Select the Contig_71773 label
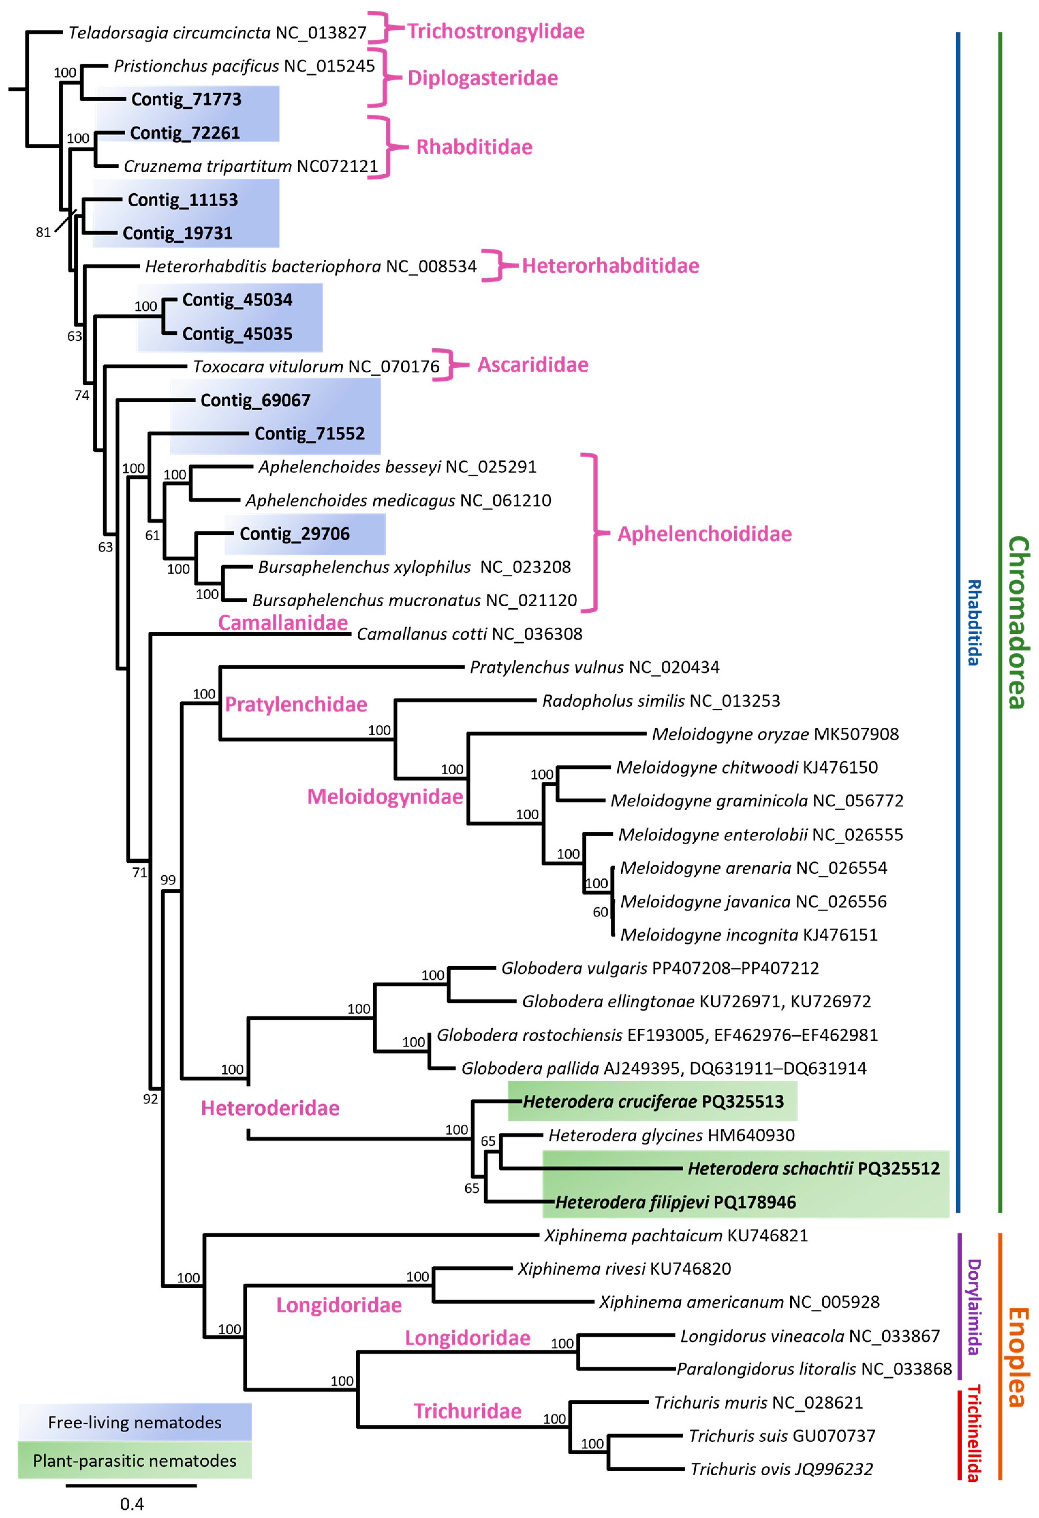pyautogui.click(x=186, y=99)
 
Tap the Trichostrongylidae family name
pyautogui.click(x=496, y=31)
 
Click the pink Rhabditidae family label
pyautogui.click(x=474, y=147)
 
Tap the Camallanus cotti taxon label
pyautogui.click(x=469, y=634)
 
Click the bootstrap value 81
pyautogui.click(x=43, y=232)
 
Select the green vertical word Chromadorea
pyautogui.click(x=1017, y=623)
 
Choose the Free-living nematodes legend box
pyautogui.click(x=134, y=1422)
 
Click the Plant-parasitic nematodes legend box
pyautogui.click(x=134, y=1461)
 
